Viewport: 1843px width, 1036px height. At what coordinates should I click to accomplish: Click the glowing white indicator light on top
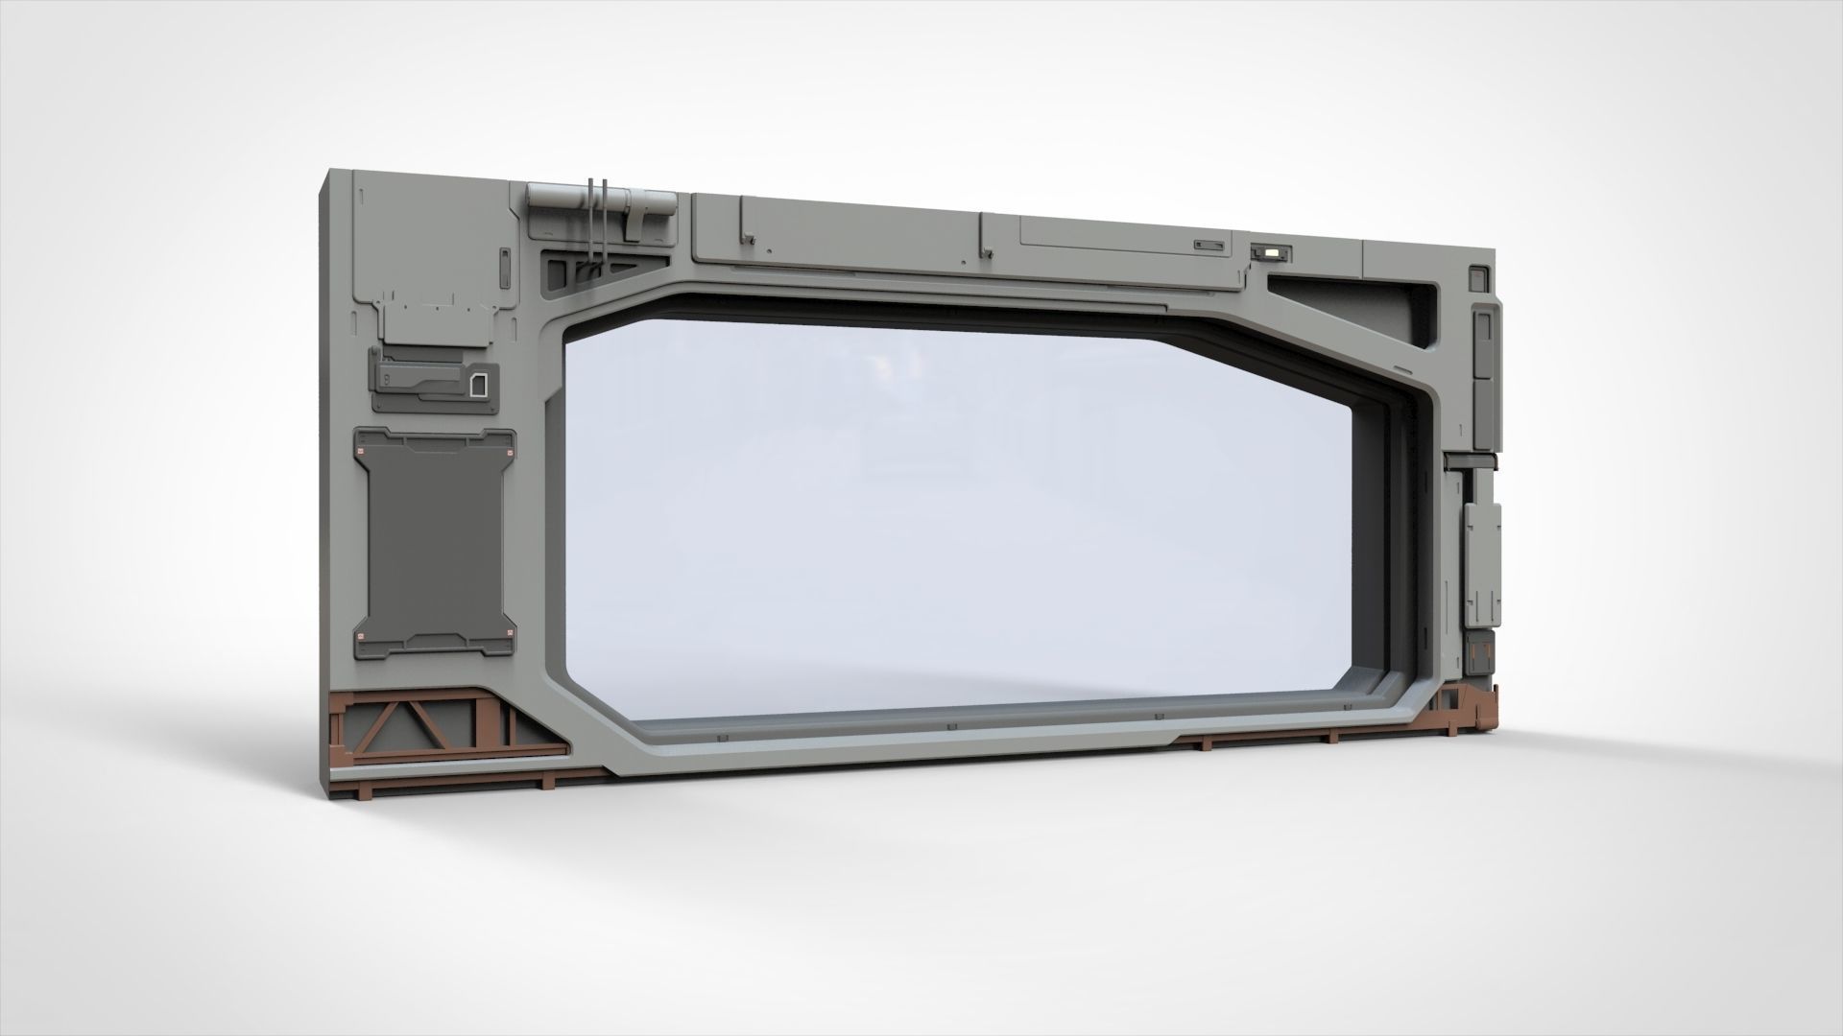tap(1272, 253)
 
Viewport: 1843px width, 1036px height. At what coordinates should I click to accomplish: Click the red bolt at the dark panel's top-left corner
tap(362, 453)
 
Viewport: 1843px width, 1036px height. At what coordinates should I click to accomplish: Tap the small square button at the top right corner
tap(1476, 278)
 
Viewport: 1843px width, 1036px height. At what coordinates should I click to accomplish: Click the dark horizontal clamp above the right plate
tap(1472, 464)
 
